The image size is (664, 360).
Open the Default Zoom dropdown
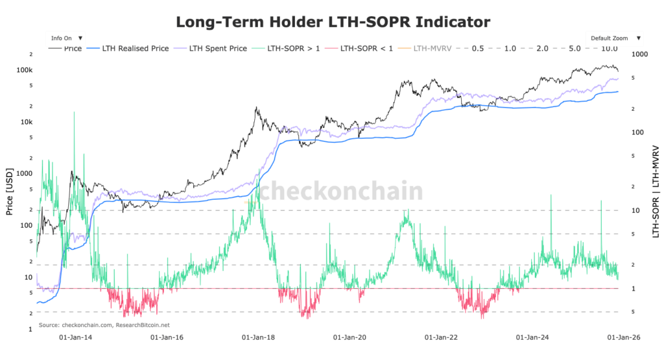615,38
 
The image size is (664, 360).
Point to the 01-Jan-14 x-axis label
75,338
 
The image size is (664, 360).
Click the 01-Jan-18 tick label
258,338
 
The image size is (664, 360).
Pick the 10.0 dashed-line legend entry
609,49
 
